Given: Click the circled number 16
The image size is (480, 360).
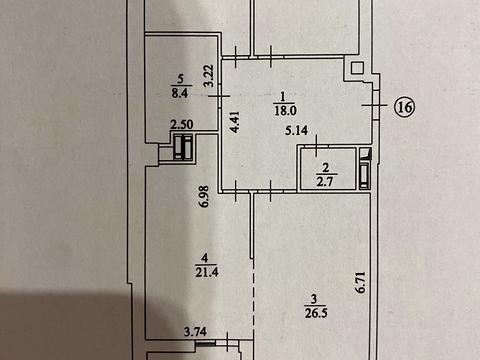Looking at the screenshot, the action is click(x=405, y=107).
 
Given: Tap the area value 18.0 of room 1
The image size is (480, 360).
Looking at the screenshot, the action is click(x=285, y=110).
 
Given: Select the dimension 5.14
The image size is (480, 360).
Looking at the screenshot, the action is click(x=296, y=130).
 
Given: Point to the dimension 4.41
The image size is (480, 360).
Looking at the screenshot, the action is click(x=235, y=122).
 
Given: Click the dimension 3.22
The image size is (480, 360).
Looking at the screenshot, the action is click(x=209, y=76).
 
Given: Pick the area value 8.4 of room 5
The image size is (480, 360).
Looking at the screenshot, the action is click(x=180, y=93).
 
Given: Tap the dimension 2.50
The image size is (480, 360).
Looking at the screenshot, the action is click(x=182, y=125).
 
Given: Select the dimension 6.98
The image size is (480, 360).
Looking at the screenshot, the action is click(x=204, y=197).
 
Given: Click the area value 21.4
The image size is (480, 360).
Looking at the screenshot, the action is click(x=207, y=272).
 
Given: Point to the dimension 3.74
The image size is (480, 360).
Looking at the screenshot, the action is click(x=196, y=332).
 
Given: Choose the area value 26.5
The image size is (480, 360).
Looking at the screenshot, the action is click(x=316, y=313).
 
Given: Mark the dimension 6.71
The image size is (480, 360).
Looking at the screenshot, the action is click(x=361, y=283).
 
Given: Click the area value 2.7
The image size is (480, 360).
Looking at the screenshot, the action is click(x=325, y=182).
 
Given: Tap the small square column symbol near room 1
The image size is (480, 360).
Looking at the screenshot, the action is click(x=357, y=68).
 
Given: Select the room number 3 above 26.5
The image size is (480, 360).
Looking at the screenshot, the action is click(x=314, y=299).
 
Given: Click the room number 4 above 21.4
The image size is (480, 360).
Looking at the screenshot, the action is click(x=205, y=258).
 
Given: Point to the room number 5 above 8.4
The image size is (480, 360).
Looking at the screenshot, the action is click(x=180, y=79).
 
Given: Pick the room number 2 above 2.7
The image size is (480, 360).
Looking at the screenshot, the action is click(x=326, y=168).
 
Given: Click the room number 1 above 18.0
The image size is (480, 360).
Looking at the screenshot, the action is click(x=283, y=97).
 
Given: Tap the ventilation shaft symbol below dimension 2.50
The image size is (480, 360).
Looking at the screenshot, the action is click(x=183, y=147).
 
